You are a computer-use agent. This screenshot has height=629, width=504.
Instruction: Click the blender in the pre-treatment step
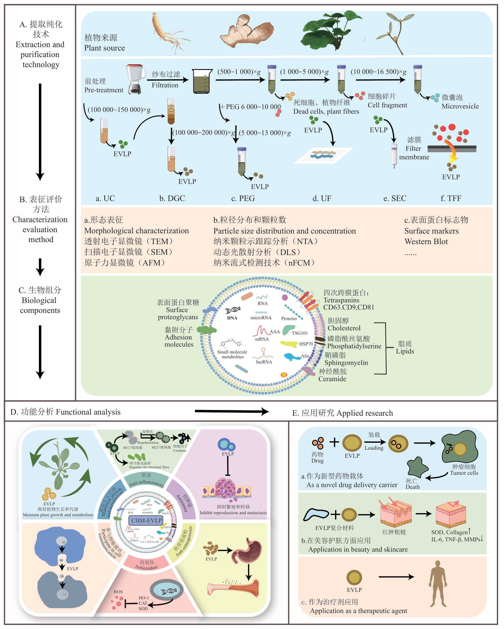(135, 79)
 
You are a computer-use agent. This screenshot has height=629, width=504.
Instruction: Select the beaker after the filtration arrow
(202, 81)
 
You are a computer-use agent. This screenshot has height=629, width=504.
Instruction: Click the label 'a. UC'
(105, 198)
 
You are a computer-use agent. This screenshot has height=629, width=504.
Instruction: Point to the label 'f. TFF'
(451, 198)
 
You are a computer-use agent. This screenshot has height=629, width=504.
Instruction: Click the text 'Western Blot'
(426, 242)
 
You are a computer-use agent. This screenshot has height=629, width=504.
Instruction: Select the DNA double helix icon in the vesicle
(233, 310)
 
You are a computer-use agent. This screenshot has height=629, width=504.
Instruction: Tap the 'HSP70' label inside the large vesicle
(306, 344)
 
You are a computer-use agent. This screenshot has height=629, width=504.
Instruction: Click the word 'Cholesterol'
(344, 328)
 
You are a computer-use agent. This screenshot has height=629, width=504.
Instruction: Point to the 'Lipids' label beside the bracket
(405, 351)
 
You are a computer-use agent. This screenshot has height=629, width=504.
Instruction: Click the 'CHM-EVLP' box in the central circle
(146, 521)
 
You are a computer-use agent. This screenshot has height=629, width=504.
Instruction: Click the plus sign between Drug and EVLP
(334, 442)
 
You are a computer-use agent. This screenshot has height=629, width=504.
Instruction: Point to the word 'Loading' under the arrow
(374, 448)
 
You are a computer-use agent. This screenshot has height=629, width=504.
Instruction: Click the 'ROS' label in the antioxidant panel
(118, 592)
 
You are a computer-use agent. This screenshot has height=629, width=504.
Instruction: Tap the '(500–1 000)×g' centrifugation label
(239, 72)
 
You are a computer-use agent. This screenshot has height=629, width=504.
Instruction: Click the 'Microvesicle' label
(460, 106)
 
